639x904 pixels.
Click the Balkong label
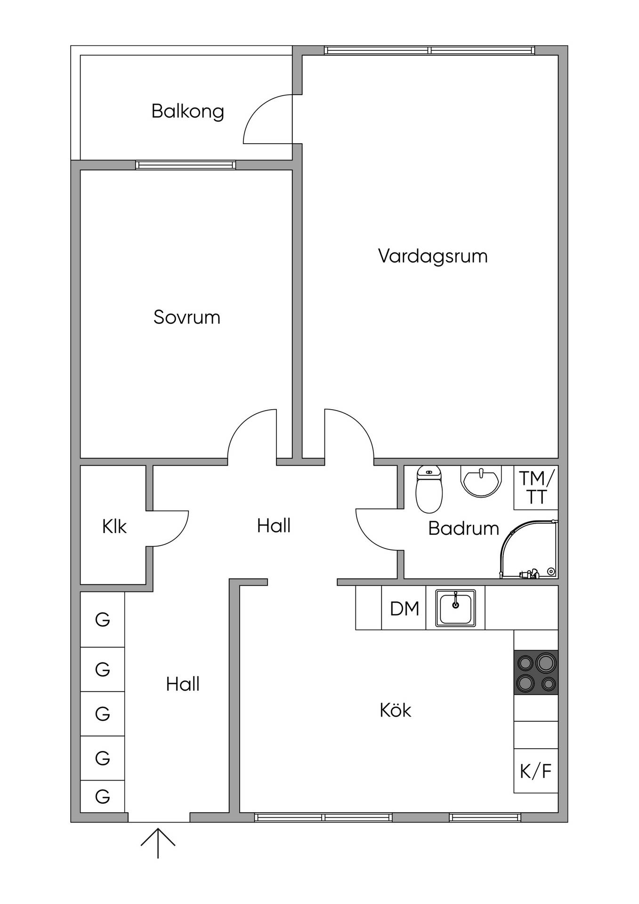tap(187, 112)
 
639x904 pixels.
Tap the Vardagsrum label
tap(433, 257)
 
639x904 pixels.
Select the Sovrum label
tap(187, 317)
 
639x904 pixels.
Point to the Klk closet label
tap(114, 526)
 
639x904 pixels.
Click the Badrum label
tap(463, 528)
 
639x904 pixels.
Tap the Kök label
tap(396, 710)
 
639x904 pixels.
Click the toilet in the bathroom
tap(429, 489)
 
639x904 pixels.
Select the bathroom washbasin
tap(480, 481)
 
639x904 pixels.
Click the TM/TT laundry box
tap(536, 487)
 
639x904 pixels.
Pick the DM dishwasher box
tap(404, 608)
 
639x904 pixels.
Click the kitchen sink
tap(455, 608)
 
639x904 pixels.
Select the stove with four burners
tap(536, 672)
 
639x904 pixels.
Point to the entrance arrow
tap(158, 843)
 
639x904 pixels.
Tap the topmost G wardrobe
tap(103, 620)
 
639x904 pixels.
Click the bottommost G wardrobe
tap(103, 796)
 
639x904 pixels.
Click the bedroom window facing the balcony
tap(186, 165)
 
